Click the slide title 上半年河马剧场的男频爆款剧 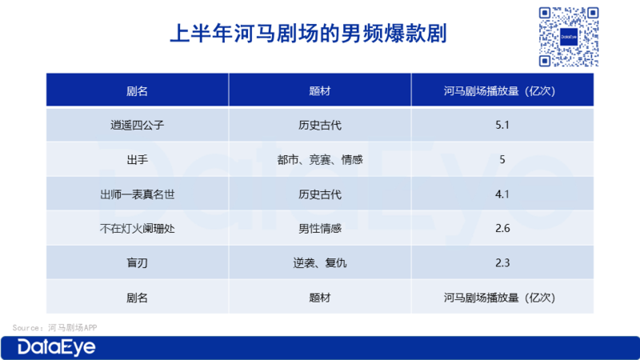308,33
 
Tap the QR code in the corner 569,37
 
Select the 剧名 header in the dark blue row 137,90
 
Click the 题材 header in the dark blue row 319,90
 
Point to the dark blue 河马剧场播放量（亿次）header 499,90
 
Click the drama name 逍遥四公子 137,125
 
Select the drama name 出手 137,159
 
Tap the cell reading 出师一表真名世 137,194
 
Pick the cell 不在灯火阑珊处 137,229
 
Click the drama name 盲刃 137,263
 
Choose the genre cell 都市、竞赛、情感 319,159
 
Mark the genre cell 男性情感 319,229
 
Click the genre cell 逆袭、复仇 319,263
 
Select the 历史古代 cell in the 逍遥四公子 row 319,125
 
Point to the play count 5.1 502,125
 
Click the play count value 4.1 502,194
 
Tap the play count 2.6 502,229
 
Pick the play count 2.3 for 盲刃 502,263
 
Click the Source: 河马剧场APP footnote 54,328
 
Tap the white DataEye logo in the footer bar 56,348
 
